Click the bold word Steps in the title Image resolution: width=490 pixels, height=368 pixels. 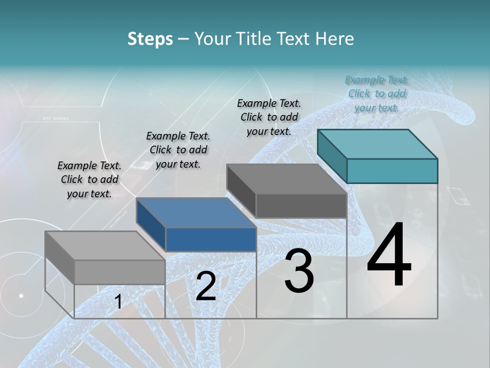[x=150, y=39]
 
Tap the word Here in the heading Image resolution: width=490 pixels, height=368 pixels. [x=335, y=39]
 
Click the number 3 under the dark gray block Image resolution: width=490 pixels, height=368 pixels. [x=299, y=271]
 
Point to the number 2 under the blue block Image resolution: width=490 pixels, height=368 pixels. [x=206, y=286]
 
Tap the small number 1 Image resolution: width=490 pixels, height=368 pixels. [x=118, y=302]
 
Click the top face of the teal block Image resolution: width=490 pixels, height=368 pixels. [x=377, y=144]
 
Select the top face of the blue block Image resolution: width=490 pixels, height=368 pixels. [x=196, y=213]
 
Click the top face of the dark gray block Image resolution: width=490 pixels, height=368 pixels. [x=286, y=179]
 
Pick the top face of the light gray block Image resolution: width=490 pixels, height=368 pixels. [x=105, y=246]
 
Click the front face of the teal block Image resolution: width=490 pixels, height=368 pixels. [x=392, y=171]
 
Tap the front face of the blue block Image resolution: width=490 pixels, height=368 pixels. [x=211, y=239]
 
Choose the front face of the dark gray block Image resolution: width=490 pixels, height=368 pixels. [x=301, y=205]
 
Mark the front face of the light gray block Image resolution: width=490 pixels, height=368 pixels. [x=120, y=272]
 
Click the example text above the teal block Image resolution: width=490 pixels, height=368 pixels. [x=377, y=94]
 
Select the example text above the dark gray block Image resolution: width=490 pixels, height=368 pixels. [x=269, y=117]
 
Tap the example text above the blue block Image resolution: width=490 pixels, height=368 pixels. [x=178, y=150]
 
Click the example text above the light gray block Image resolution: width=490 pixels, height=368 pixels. [x=89, y=179]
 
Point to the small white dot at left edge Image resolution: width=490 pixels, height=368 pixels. [x=21, y=295]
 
